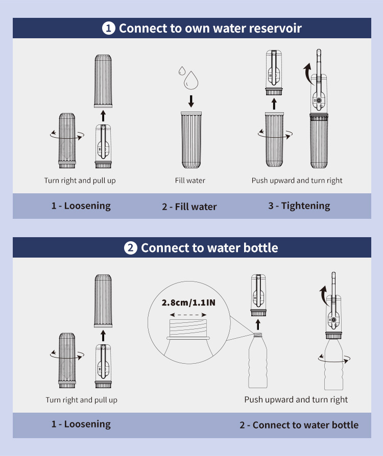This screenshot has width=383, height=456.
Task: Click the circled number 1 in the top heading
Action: click(x=108, y=29)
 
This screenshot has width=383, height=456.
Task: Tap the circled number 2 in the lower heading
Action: click(x=131, y=248)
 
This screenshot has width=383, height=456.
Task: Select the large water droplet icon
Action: click(x=191, y=80)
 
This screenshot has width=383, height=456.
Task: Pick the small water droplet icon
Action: click(x=182, y=71)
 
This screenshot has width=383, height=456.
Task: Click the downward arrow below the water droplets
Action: click(x=191, y=101)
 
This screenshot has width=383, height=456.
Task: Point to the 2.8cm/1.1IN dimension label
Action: click(x=188, y=303)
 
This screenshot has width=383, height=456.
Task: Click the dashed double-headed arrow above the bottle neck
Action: click(x=188, y=315)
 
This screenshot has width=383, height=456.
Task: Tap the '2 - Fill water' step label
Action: click(x=189, y=207)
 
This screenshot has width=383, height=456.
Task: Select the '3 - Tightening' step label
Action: click(x=299, y=206)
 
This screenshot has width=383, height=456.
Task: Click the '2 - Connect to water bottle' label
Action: click(x=299, y=425)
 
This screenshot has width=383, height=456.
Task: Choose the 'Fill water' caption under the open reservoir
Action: click(x=190, y=180)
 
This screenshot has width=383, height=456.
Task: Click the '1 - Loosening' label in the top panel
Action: click(x=81, y=206)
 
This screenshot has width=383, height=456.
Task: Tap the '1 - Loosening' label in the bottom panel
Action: click(x=81, y=424)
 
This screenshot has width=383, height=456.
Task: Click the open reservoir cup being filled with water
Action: click(x=191, y=140)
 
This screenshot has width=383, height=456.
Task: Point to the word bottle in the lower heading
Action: click(x=260, y=248)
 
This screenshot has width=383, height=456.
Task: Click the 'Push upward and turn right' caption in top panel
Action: click(x=297, y=180)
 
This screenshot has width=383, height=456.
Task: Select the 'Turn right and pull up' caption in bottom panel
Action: click(x=82, y=400)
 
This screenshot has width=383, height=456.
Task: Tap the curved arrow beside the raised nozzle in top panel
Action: click(x=307, y=73)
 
